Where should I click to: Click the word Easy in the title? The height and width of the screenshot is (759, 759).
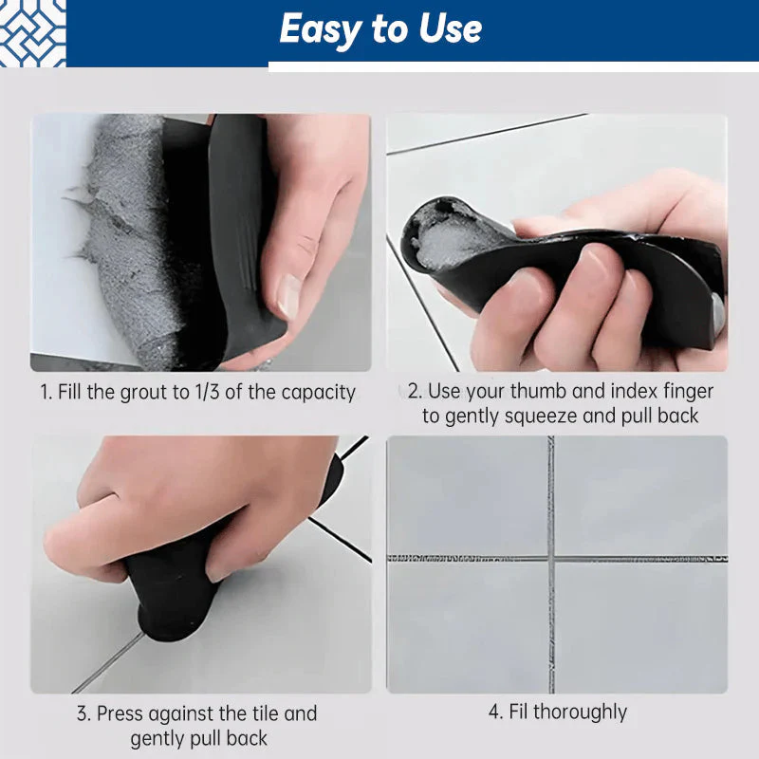(x=320, y=30)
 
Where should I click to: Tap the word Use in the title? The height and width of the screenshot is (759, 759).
(x=450, y=28)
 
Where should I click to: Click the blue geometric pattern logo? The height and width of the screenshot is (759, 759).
(x=32, y=33)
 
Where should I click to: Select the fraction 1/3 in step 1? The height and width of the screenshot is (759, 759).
(x=207, y=392)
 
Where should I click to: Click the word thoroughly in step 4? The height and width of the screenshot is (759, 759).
(x=580, y=713)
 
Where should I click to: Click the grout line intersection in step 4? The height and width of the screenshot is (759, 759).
(x=551, y=559)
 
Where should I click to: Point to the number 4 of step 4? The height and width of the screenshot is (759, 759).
(x=494, y=713)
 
